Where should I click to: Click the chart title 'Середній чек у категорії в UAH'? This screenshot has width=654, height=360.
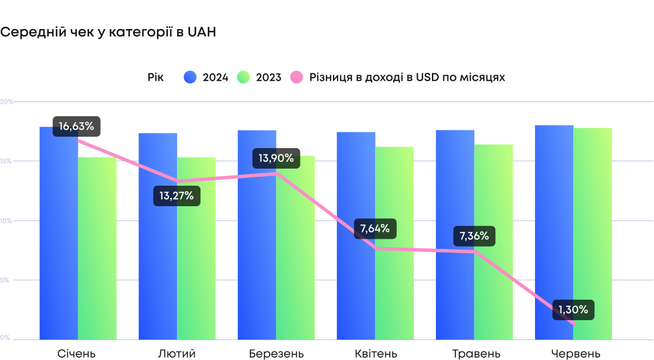(108, 32)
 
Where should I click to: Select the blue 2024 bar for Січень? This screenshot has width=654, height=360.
(59, 239)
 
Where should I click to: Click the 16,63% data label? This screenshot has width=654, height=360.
(76, 126)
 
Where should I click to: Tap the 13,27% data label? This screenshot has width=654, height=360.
(176, 197)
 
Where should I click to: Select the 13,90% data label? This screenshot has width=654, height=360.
(276, 158)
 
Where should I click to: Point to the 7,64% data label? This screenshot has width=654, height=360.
(375, 229)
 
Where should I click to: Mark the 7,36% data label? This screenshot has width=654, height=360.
(474, 236)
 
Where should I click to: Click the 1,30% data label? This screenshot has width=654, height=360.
(573, 310)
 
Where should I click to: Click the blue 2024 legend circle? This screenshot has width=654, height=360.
(190, 77)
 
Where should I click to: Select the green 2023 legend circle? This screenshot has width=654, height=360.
(244, 77)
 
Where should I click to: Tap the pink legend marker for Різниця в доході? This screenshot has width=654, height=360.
(297, 77)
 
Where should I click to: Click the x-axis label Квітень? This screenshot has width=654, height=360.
(375, 354)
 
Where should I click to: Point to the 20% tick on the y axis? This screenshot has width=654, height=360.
(7, 101)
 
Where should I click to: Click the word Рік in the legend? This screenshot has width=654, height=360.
(155, 77)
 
